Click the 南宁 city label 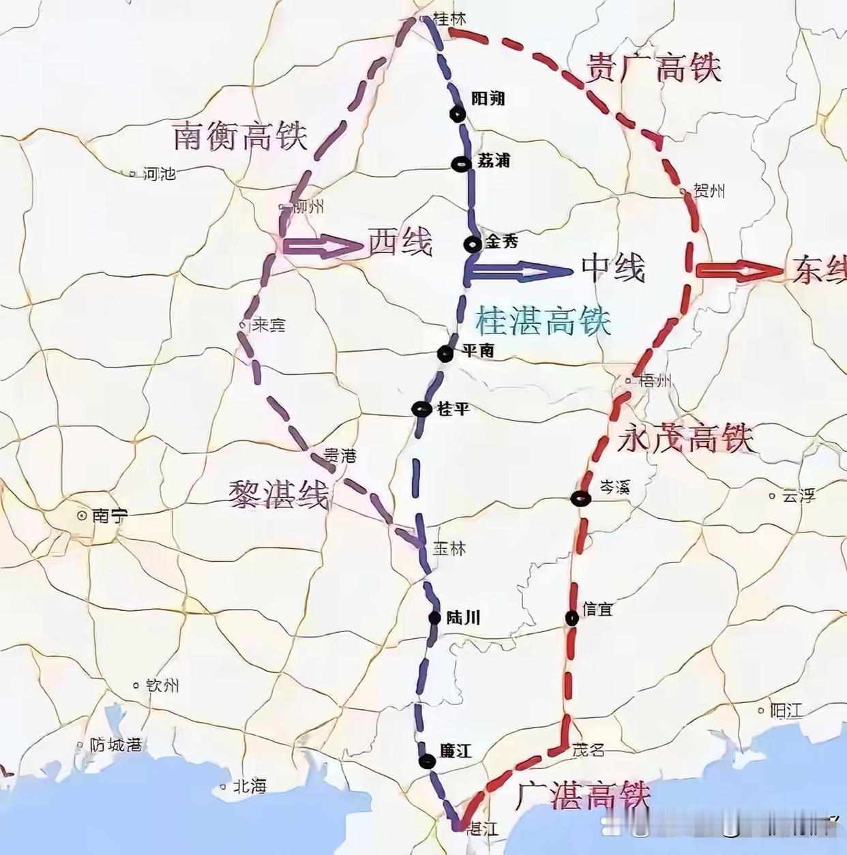pos(109,515)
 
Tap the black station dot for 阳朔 pos(458,115)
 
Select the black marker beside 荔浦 pos(462,163)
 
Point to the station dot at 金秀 pos(472,243)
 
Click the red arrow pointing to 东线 pos(739,271)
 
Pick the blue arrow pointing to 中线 pos(518,271)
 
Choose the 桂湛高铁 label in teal pos(543,319)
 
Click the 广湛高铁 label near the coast pos(582,795)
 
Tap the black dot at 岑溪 pos(580,498)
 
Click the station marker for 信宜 pos(572,617)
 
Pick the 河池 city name pos(160,174)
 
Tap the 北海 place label pos(249,786)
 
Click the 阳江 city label pos(786,710)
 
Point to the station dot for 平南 pos(445,353)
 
